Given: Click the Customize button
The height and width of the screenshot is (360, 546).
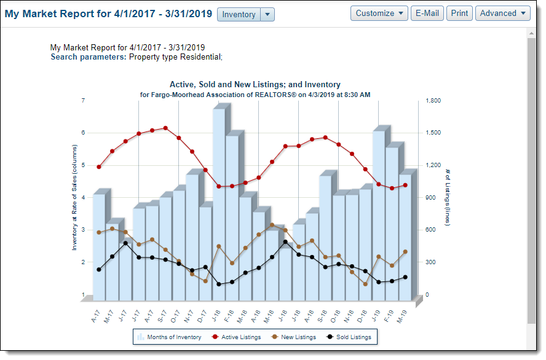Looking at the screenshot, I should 381,14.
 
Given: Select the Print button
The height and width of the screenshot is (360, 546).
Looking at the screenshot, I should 459,14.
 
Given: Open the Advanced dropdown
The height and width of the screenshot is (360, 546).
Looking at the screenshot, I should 502,14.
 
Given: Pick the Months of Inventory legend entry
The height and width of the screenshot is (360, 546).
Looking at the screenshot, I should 169,337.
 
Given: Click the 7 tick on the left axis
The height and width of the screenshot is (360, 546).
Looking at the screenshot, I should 83,101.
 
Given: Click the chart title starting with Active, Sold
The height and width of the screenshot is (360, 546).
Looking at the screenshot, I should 255,85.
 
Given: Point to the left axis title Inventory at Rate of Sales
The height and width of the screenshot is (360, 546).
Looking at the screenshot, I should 74,197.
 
